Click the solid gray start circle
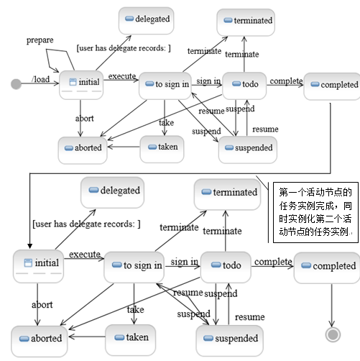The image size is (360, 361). tap(16, 84)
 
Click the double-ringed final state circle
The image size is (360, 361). tap(333, 334)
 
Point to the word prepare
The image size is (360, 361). tap(40, 40)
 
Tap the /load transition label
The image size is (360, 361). tap(41, 79)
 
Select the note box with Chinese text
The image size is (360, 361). tap(315, 212)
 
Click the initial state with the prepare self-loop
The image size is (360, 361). tap(81, 85)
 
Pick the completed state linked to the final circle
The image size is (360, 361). tap(327, 268)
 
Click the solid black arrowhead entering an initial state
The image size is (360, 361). tap(29, 246)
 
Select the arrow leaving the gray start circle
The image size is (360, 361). tap(40, 83)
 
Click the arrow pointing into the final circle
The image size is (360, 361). tap(332, 305)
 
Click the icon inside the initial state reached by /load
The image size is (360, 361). tap(73, 82)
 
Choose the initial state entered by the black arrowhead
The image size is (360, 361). tap(38, 266)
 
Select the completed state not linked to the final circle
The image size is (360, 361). tap(332, 86)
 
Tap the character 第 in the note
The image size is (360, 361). tap(283, 192)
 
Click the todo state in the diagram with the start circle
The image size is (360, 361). tap(244, 86)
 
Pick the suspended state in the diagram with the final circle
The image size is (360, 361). tap(230, 341)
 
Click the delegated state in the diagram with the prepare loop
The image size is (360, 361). tap(146, 21)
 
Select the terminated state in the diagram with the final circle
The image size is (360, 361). tap(227, 194)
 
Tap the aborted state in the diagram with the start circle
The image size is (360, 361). tap(83, 150)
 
